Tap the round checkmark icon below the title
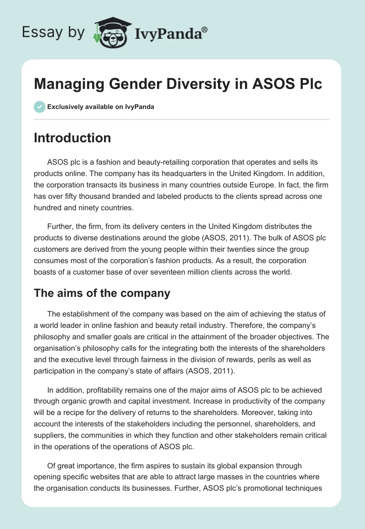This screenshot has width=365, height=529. pos(39,107)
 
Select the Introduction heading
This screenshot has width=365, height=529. pos(72,138)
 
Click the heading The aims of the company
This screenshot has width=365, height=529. pos(102,293)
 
